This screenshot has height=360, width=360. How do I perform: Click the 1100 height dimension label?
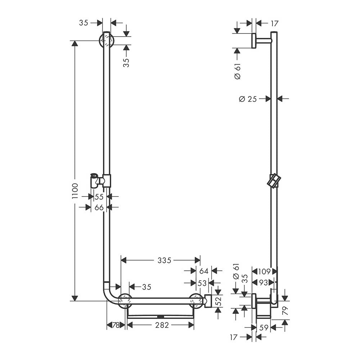pos(75,191)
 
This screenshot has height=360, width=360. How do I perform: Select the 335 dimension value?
pos(165,260)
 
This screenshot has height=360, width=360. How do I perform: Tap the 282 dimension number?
pos(162,325)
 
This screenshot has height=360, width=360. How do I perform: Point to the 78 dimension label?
pos(116,325)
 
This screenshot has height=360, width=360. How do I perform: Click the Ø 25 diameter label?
pos(248,99)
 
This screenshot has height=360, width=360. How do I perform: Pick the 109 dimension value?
pos(264,271)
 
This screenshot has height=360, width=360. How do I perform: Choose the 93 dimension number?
pos(264,282)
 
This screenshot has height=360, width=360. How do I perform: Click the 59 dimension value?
pos(264,328)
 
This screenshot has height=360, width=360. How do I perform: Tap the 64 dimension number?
pos(204,271)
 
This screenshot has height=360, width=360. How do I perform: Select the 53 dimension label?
pos(202,283)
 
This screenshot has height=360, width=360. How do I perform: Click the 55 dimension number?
pos(99,197)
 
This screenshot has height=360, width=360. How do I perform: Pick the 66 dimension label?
pos(99,208)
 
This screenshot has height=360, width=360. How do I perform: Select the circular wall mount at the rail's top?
pos(107,41)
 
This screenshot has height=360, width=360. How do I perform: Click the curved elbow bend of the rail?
pos(110,295)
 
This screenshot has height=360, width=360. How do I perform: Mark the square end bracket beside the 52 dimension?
pos(208,301)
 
